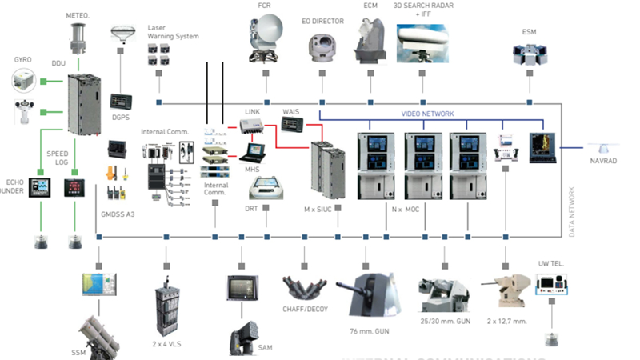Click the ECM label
(370, 6)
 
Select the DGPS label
(121, 118)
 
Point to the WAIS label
(290, 111)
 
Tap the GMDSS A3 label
(118, 215)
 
